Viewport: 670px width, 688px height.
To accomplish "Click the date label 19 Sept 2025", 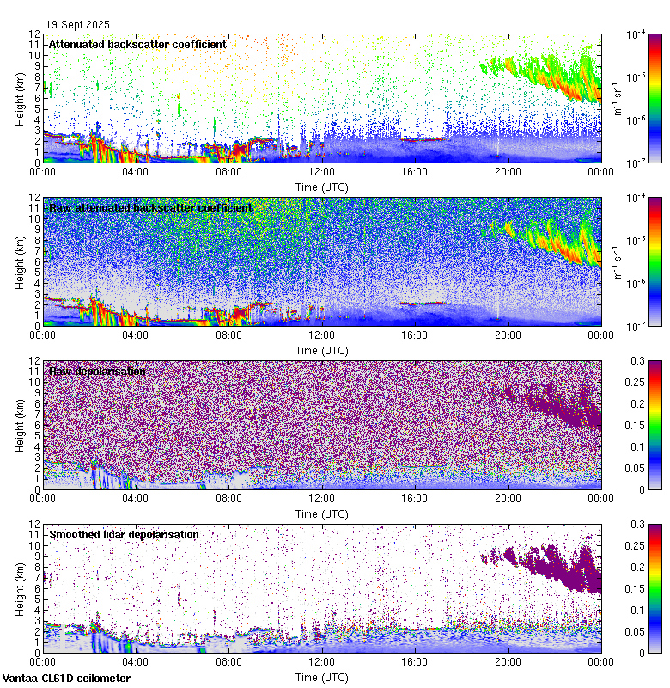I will tap(78, 25).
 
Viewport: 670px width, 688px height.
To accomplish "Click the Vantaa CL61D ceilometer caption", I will tap(66, 679).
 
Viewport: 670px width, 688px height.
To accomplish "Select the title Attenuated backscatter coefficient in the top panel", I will tap(137, 44).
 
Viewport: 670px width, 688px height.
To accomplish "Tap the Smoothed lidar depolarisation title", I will tap(124, 534).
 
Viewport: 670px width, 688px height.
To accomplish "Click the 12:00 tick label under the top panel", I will tap(321, 172).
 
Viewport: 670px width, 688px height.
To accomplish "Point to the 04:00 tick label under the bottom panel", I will tap(136, 662).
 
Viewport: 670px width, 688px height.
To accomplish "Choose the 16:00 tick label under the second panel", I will tap(414, 335).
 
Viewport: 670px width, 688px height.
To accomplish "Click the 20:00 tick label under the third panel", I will tap(507, 499).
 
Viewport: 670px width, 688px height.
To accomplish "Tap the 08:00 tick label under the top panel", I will tap(228, 172).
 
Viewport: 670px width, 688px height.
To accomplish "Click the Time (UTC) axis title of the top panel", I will tap(321, 187).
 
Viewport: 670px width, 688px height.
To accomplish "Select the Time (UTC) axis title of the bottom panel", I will tap(321, 678).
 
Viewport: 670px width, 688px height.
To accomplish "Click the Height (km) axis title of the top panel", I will tap(20, 98).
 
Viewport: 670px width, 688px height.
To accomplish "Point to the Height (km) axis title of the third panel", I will tap(20, 425).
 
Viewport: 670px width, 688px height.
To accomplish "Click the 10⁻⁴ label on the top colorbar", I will tap(636, 35).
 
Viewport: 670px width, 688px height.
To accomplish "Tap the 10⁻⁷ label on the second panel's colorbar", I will tap(636, 326).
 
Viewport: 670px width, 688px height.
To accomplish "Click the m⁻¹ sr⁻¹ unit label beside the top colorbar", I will tap(616, 98).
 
